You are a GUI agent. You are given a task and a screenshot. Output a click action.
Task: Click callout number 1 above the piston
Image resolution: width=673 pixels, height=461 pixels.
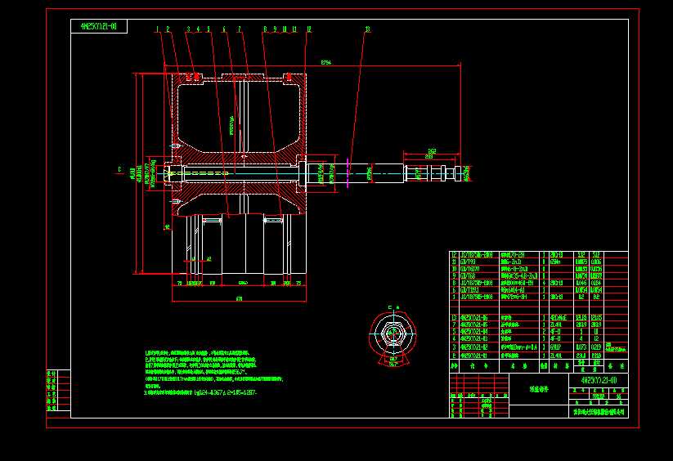point(156,29)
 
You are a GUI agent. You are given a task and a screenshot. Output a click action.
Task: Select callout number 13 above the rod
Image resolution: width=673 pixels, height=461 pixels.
point(367,29)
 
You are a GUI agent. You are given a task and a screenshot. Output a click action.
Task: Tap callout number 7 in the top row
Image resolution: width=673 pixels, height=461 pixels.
point(239,29)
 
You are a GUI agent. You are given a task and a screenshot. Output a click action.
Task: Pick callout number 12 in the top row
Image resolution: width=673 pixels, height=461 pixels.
point(308,29)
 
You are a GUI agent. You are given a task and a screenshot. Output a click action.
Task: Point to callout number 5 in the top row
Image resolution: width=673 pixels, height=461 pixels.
point(209,29)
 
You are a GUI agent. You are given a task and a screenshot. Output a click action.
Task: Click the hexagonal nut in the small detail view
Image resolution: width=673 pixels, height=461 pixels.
point(392,333)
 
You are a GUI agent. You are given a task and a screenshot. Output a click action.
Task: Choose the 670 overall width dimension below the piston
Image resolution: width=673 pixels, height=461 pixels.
point(239,299)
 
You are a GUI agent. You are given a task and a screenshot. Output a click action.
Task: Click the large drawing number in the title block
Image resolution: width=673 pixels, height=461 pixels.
point(593,381)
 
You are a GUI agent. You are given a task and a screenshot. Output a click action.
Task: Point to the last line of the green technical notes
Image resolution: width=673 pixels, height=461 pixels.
point(200,393)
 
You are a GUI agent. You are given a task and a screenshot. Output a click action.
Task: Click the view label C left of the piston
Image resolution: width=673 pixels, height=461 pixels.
point(119,170)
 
